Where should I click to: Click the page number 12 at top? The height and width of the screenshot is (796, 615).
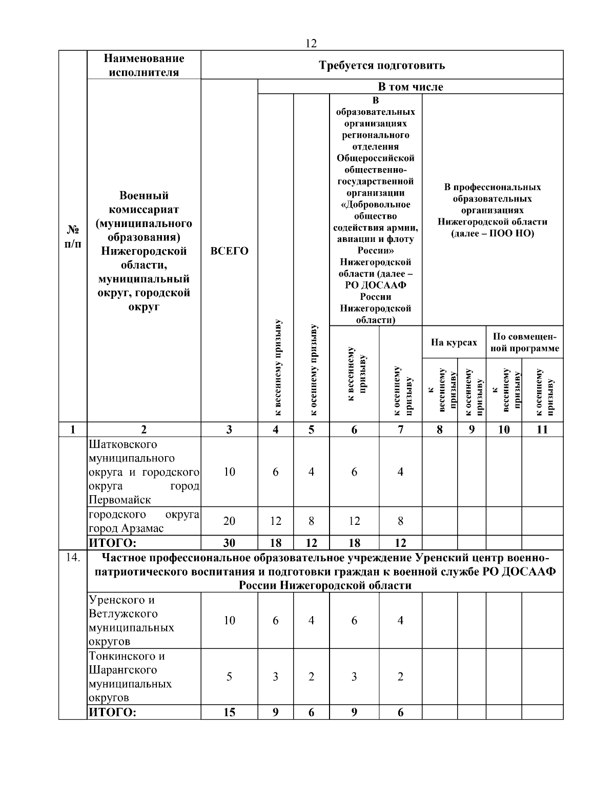[311, 44]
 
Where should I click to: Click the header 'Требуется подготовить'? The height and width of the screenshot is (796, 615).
[382, 65]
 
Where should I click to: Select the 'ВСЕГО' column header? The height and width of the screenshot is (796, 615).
[229, 251]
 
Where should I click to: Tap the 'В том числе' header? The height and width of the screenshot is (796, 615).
[410, 87]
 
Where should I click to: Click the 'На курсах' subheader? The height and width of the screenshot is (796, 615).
[454, 342]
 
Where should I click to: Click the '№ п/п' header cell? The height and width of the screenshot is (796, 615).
[73, 237]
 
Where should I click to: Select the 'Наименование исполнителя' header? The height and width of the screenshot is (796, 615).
[143, 65]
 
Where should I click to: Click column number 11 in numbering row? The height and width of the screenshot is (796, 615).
[542, 430]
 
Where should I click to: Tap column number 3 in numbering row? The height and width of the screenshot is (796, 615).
[229, 430]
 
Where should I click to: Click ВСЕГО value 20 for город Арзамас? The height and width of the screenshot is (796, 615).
[229, 521]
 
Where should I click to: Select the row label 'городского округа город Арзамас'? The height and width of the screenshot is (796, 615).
[143, 521]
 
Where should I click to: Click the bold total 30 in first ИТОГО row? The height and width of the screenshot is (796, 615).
[229, 543]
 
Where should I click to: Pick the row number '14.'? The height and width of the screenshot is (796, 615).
[73, 558]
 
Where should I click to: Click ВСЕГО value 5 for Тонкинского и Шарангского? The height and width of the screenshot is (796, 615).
[229, 677]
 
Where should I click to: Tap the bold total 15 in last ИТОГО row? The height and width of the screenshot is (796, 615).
[229, 712]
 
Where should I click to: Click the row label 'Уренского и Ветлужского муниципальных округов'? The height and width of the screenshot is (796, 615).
[131, 620]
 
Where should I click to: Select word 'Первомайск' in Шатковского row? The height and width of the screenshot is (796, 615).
[120, 500]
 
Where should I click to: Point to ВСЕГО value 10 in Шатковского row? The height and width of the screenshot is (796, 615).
[229, 472]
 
